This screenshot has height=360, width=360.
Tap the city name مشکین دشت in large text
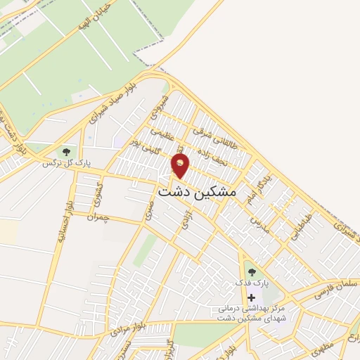tap(198, 191)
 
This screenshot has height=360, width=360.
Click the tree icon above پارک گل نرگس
tap(66, 151)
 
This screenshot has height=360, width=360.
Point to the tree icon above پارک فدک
tap(251, 273)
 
